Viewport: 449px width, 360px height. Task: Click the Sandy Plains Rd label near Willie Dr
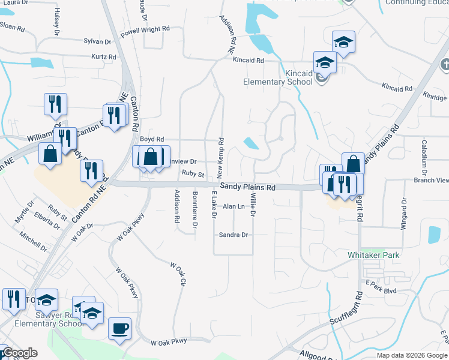pyautogui.click(x=247, y=187)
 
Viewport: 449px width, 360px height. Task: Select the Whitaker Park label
pyautogui.click(x=373, y=255)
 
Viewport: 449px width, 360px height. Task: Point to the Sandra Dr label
pyautogui.click(x=234, y=235)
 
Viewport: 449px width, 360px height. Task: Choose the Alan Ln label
pyautogui.click(x=234, y=206)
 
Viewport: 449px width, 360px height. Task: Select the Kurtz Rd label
pyautogui.click(x=103, y=57)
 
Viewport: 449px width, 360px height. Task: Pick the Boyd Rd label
pyautogui.click(x=152, y=139)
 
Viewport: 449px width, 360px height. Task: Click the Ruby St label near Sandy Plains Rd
pyautogui.click(x=193, y=175)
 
